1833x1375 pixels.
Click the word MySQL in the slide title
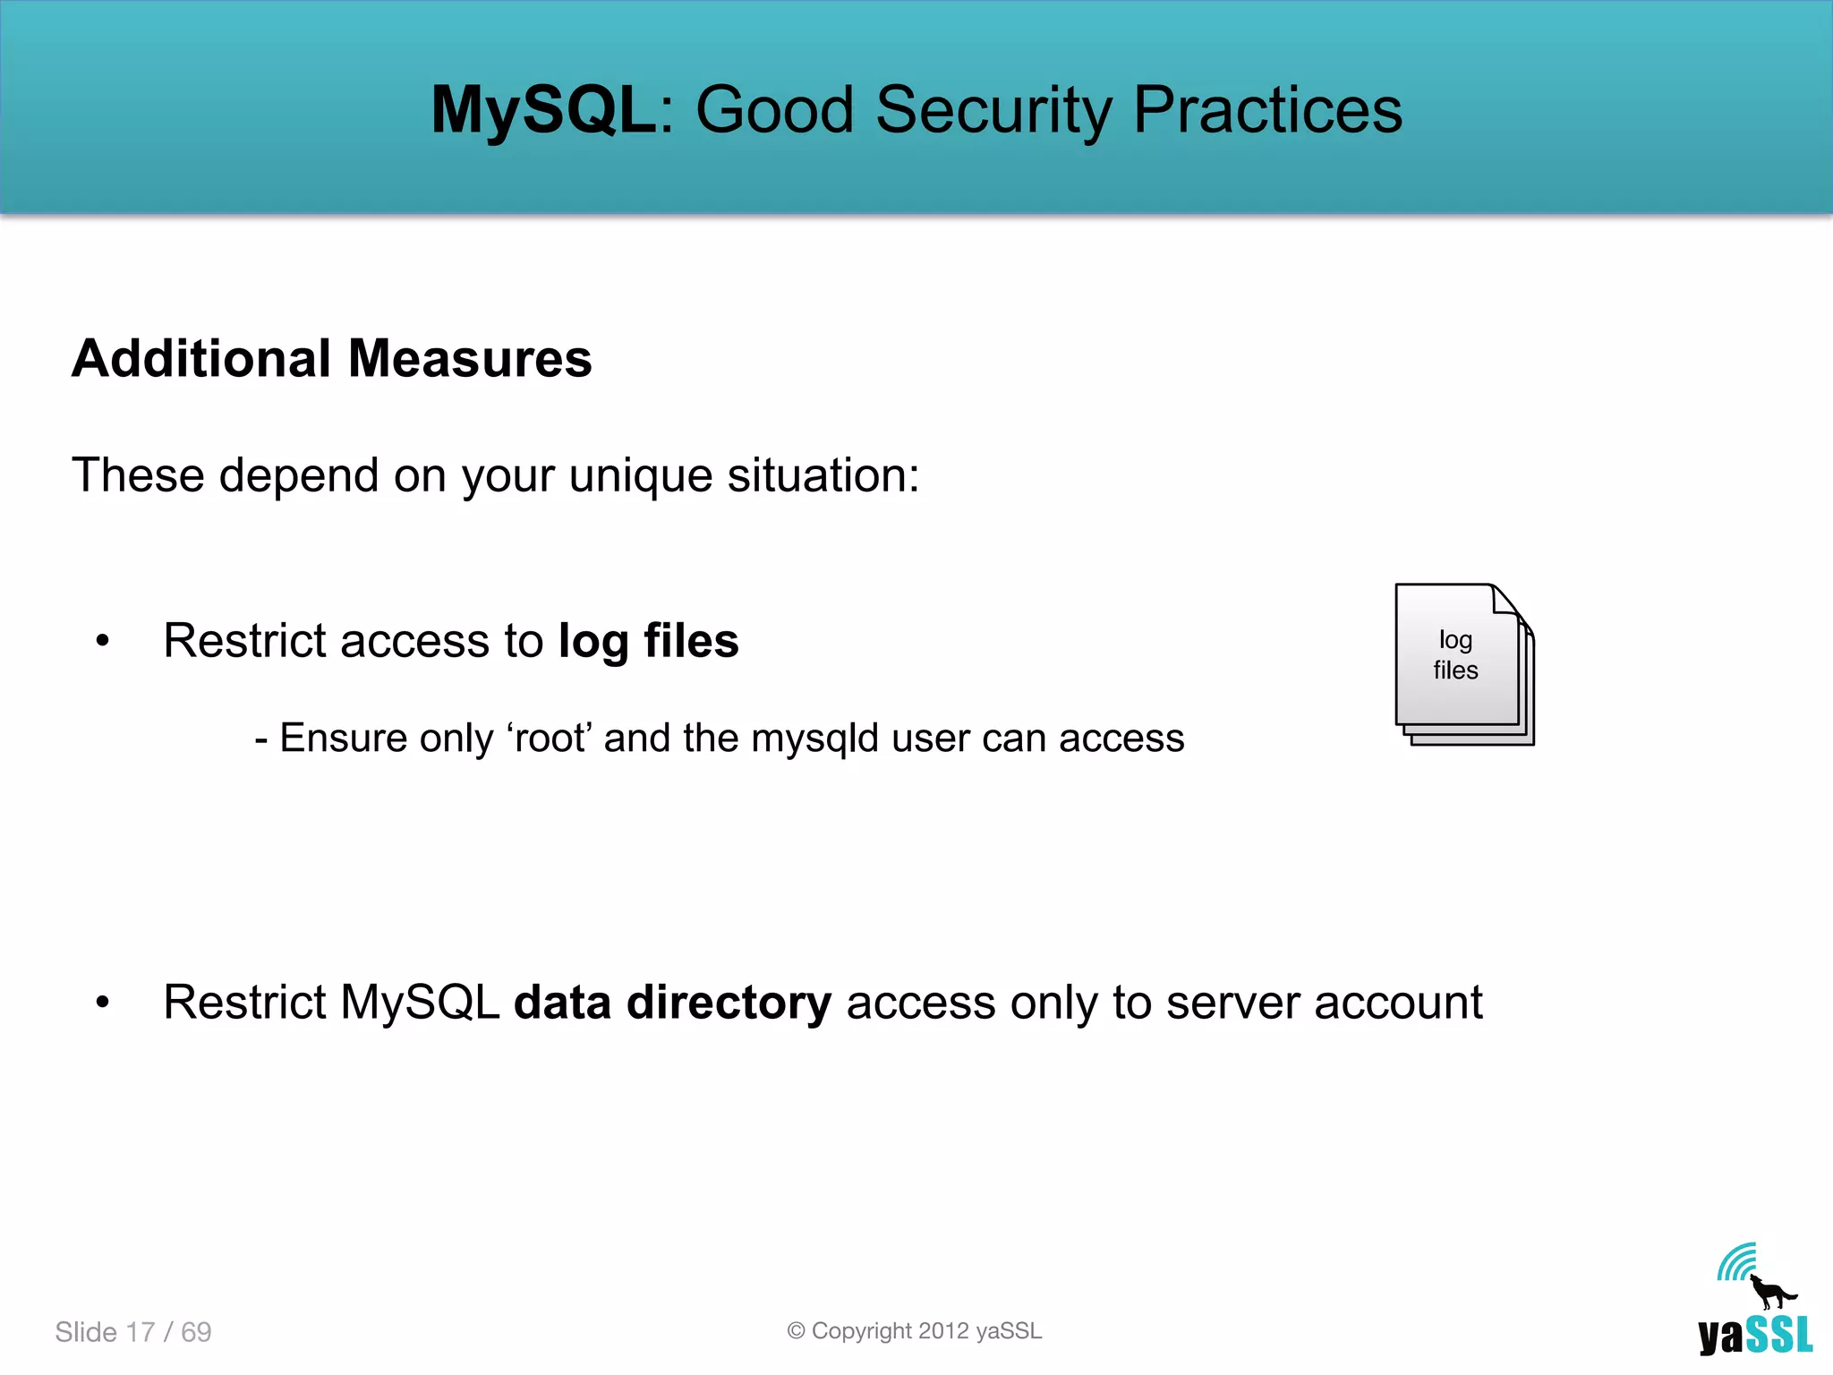542,110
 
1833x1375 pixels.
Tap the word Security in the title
993,110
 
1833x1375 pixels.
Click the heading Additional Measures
331,359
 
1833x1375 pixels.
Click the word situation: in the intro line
823,474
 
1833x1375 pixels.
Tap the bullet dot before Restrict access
103,641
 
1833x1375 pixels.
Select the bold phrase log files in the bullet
648,641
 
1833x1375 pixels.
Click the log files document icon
1462,662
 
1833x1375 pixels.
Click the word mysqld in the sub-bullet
814,739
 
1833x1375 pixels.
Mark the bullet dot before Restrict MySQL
103,1003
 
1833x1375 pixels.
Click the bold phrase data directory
672,1003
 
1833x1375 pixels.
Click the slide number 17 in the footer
141,1332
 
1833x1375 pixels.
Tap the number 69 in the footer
196,1332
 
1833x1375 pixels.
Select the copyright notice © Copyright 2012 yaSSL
915,1331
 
